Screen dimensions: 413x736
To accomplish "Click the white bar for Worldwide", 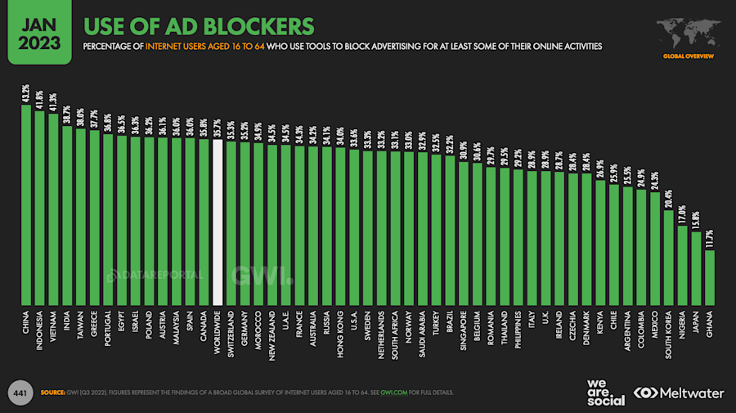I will pyautogui.click(x=218, y=221).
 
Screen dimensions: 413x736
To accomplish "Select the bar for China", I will pyautogui.click(x=26, y=204).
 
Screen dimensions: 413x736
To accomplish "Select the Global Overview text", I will pyautogui.click(x=688, y=56).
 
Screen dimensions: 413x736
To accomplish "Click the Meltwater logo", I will pyautogui.click(x=679, y=393).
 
